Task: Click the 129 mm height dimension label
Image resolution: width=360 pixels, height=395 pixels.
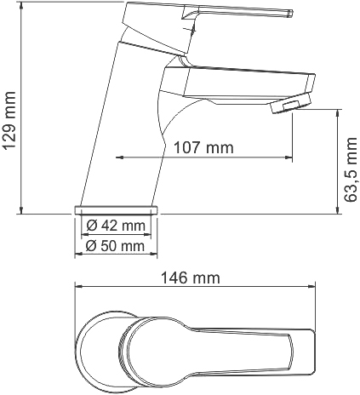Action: point(10,122)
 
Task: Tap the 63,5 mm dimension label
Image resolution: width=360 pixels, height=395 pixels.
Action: point(350,170)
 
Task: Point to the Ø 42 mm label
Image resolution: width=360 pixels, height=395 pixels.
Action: point(116,226)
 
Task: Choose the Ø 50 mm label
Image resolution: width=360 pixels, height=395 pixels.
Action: point(116,246)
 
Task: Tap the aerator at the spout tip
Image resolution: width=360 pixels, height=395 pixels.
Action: point(288,106)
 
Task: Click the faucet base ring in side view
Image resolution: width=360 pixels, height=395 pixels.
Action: point(117,209)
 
